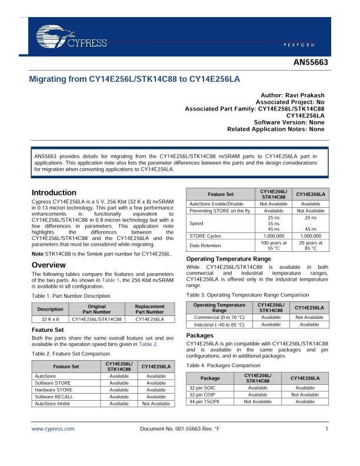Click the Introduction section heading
click(x=54, y=192)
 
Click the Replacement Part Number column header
click(x=149, y=309)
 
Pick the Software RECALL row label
click(x=55, y=397)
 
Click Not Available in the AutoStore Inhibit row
click(x=156, y=404)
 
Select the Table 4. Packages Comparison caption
click(x=223, y=365)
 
